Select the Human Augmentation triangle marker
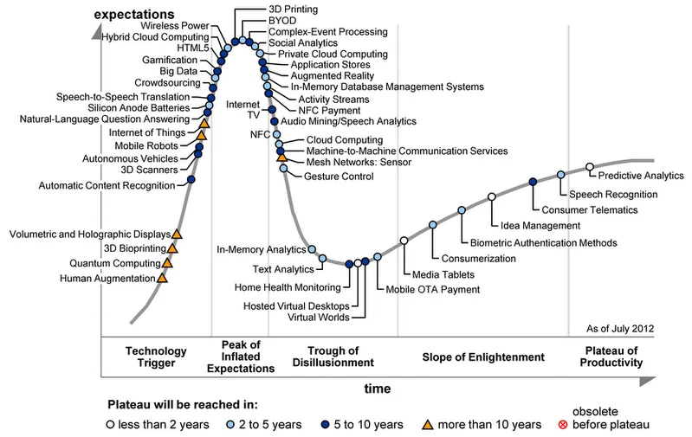(x=162, y=278)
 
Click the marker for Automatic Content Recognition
(x=191, y=179)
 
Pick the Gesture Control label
(x=340, y=177)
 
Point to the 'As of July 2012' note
(x=619, y=329)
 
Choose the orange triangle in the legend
(x=428, y=424)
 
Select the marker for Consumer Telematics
(x=533, y=181)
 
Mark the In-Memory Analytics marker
(x=312, y=249)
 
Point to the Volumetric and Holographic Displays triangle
(x=177, y=233)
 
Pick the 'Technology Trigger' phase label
(x=156, y=357)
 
